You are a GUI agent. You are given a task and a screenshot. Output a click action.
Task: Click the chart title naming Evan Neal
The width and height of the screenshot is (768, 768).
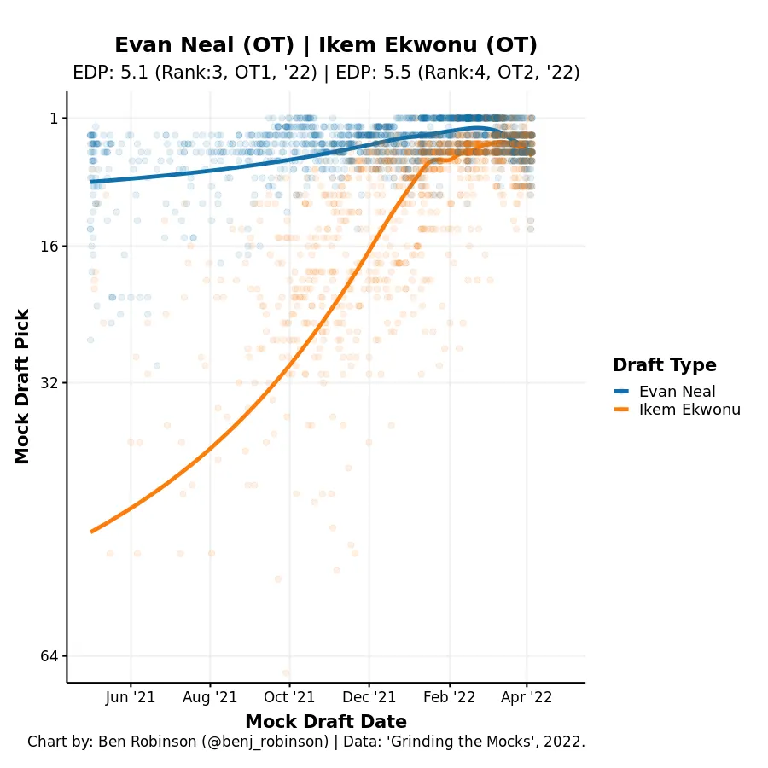(326, 45)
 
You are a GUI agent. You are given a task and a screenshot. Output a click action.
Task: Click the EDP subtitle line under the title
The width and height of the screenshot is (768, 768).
(326, 73)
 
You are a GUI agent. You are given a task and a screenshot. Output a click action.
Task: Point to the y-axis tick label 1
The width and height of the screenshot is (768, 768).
(53, 119)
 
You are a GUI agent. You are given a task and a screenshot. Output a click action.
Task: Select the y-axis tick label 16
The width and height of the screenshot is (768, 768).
(49, 247)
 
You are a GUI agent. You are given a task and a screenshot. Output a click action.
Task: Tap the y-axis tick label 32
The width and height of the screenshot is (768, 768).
(49, 383)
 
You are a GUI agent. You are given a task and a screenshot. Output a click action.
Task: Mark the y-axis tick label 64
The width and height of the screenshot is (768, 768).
(49, 656)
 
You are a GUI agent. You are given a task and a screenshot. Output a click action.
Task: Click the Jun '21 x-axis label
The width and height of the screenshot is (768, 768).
(131, 697)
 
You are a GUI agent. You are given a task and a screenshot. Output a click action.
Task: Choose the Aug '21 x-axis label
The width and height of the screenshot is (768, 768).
(210, 697)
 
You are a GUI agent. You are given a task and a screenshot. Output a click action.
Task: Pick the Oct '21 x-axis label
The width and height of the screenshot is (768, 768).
(289, 697)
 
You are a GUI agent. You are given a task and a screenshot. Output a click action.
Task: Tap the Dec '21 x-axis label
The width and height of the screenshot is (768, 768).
(369, 697)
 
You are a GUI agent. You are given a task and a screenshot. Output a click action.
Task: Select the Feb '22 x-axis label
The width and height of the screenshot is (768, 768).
(449, 697)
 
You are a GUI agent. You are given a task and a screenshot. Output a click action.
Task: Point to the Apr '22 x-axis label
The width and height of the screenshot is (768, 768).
(527, 697)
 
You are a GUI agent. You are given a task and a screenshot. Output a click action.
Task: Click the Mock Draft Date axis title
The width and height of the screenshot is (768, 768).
(326, 721)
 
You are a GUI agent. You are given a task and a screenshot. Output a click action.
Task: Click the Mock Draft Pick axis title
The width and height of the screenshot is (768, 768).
(23, 387)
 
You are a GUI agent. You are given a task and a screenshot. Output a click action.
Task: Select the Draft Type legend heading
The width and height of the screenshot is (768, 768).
(664, 365)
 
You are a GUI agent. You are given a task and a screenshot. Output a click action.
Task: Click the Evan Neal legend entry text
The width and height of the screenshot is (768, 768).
(678, 392)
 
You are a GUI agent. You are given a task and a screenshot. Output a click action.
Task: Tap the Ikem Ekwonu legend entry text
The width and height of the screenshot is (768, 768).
(689, 410)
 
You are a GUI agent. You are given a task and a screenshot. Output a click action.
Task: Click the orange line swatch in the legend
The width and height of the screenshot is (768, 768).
(621, 410)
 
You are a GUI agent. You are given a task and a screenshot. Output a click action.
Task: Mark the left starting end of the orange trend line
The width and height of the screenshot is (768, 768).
(92, 532)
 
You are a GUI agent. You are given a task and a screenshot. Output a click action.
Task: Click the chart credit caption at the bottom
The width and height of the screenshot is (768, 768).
(306, 742)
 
